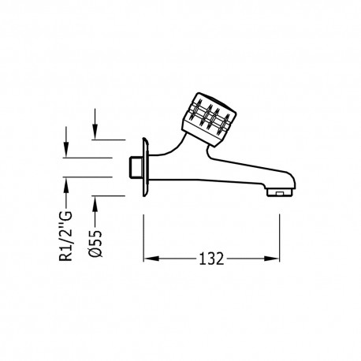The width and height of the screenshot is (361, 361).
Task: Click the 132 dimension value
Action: (210, 258)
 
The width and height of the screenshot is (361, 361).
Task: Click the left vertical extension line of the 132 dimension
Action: (143, 236)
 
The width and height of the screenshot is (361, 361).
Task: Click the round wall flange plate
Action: (143, 167)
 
